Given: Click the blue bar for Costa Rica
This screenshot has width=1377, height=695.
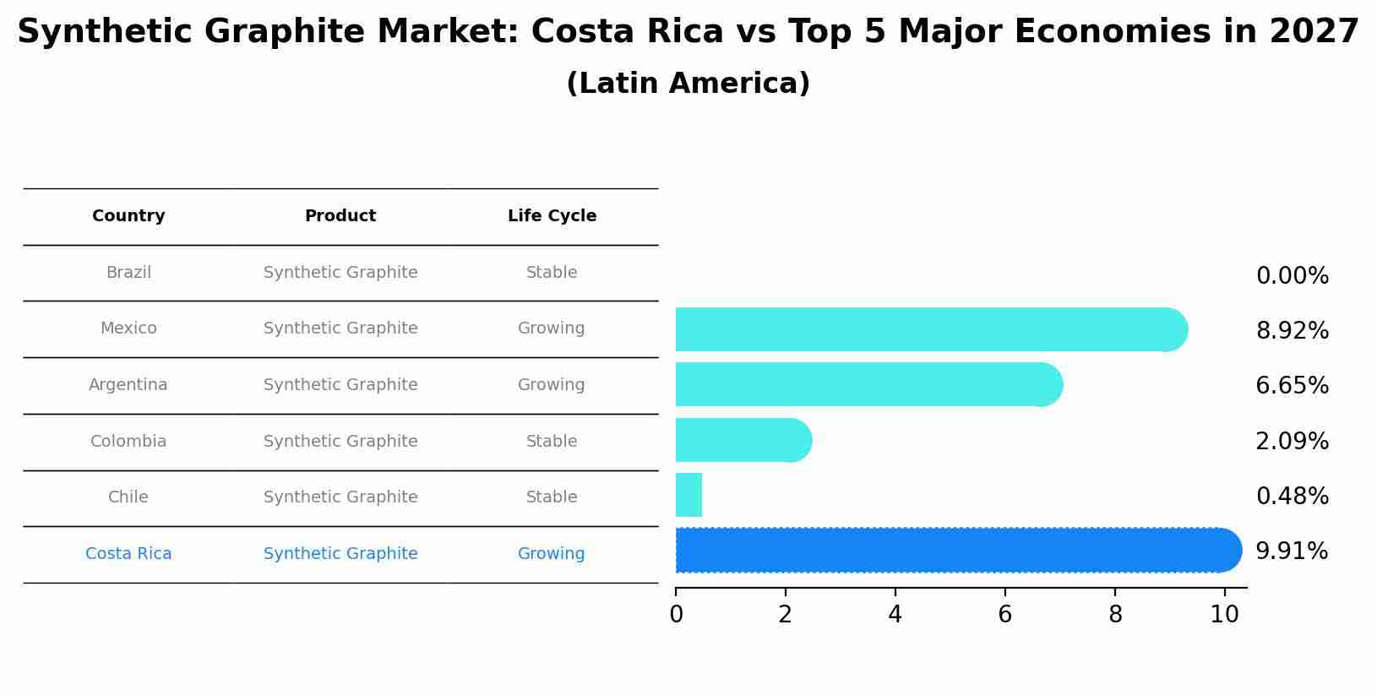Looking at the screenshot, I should (x=955, y=551).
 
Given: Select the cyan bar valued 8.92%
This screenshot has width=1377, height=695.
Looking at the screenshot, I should (x=929, y=329).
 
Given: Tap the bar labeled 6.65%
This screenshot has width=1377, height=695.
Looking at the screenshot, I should (x=866, y=384).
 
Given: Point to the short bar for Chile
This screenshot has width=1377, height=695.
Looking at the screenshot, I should (x=688, y=495).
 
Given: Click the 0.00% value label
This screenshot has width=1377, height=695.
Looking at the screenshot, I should (x=1292, y=276).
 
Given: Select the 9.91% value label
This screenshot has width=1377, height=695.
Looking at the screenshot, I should (x=1292, y=551).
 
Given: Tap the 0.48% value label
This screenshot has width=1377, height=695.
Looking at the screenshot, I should (x=1292, y=497).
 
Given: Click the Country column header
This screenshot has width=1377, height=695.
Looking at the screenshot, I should (x=128, y=216).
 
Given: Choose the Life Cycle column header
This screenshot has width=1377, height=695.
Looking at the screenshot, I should (x=552, y=216).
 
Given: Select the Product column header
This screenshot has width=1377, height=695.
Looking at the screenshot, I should (x=340, y=216).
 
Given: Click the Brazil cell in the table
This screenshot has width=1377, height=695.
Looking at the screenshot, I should (x=128, y=273).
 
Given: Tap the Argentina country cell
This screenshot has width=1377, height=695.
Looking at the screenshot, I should (x=128, y=385).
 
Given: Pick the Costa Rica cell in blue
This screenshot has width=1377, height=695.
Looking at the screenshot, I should (x=128, y=554).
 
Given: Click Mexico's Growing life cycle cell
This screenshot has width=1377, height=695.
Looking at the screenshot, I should (x=551, y=328).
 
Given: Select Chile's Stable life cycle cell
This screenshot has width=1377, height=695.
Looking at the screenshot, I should (x=551, y=497).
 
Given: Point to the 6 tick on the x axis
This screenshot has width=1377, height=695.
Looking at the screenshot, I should (x=1004, y=615).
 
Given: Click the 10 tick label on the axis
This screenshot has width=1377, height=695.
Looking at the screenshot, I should (x=1224, y=615).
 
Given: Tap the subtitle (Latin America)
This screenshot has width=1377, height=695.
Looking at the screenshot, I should (x=688, y=84).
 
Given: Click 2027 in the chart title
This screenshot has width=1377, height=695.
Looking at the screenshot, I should (x=1314, y=32).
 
